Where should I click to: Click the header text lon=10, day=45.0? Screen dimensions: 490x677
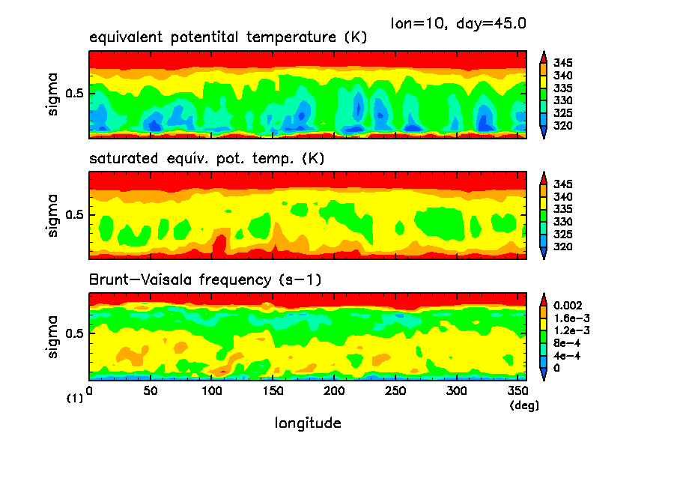click(458, 23)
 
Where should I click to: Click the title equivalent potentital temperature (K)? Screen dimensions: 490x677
click(228, 37)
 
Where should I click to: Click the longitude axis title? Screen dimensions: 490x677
click(308, 423)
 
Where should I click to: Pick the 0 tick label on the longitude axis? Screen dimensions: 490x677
click(90, 391)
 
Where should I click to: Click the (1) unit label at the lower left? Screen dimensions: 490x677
click(75, 399)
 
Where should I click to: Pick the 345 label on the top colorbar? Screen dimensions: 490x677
click(563, 63)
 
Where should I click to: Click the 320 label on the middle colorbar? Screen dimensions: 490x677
click(563, 246)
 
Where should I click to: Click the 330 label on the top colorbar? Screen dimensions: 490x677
click(563, 100)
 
